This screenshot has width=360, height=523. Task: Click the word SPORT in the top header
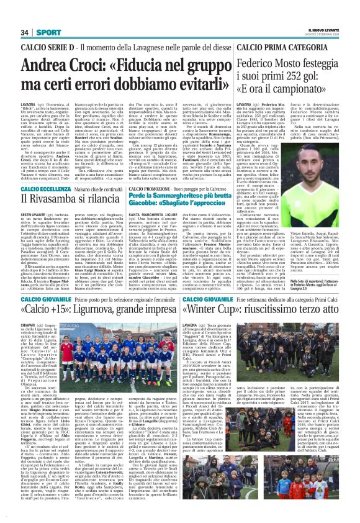[45, 32]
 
